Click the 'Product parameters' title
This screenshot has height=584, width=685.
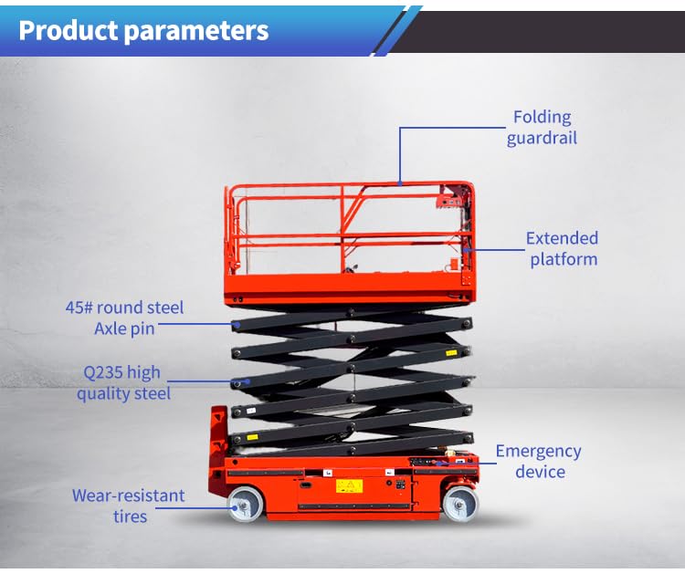pos(143,30)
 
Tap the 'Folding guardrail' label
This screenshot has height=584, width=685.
pos(542,128)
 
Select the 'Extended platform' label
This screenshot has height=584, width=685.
pos(562,248)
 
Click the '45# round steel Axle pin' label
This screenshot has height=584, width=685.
pos(125,318)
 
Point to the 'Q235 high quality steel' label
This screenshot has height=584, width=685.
pos(123,382)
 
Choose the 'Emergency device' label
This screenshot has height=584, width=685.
pos(539,461)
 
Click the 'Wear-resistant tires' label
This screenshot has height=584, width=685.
pos(129,506)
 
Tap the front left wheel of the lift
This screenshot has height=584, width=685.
pos(245,504)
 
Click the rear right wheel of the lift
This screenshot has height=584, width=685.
pos(459,503)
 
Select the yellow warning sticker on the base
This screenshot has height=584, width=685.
pos(349,485)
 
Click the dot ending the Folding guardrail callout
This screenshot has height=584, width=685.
pos(400,183)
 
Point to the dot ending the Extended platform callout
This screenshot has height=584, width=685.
pos(466,248)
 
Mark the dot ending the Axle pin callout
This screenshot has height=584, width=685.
pos(237,323)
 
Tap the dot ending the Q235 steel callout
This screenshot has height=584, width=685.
pos(247,382)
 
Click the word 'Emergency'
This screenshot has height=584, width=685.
pos(539,451)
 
